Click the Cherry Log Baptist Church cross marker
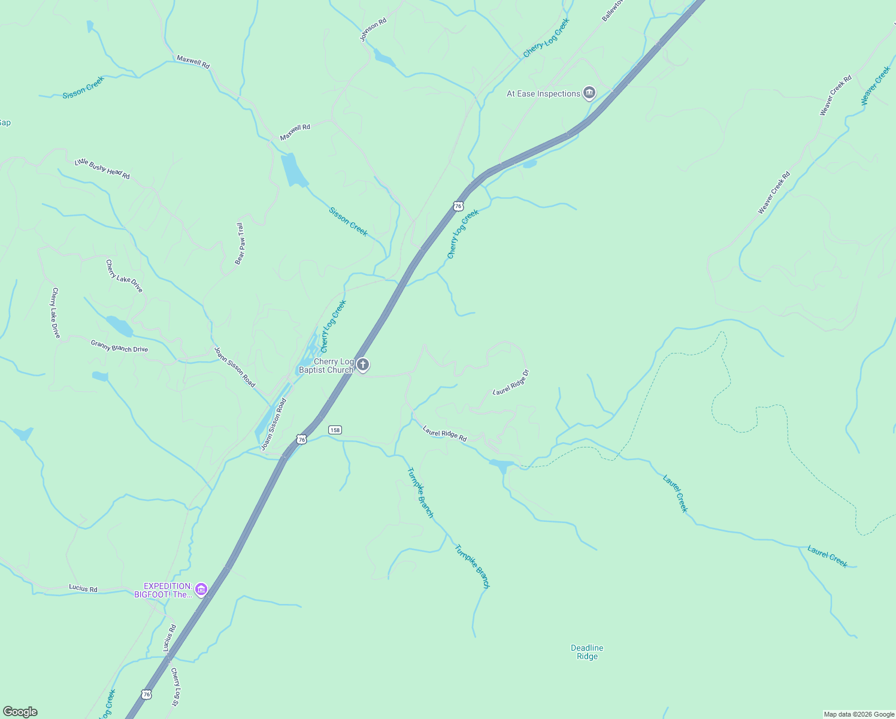coord(362,365)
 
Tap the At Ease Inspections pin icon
coord(589,93)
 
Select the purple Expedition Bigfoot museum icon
coord(201,590)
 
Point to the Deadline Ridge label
coord(587,652)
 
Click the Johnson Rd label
coord(373,29)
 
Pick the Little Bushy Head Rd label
coord(102,169)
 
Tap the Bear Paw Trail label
coord(240,243)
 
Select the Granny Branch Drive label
coord(119,346)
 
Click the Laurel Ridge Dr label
coord(511,382)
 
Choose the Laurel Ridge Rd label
coord(444,433)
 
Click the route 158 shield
coord(335,430)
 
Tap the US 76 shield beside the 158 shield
coord(302,439)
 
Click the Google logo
coord(20,712)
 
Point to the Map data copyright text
coord(859,714)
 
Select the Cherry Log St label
coord(175,686)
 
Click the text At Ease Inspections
coord(543,93)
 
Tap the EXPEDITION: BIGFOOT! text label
coord(168,590)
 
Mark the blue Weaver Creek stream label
coord(876,86)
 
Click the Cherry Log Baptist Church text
coord(326,365)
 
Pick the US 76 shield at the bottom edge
coord(147,694)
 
